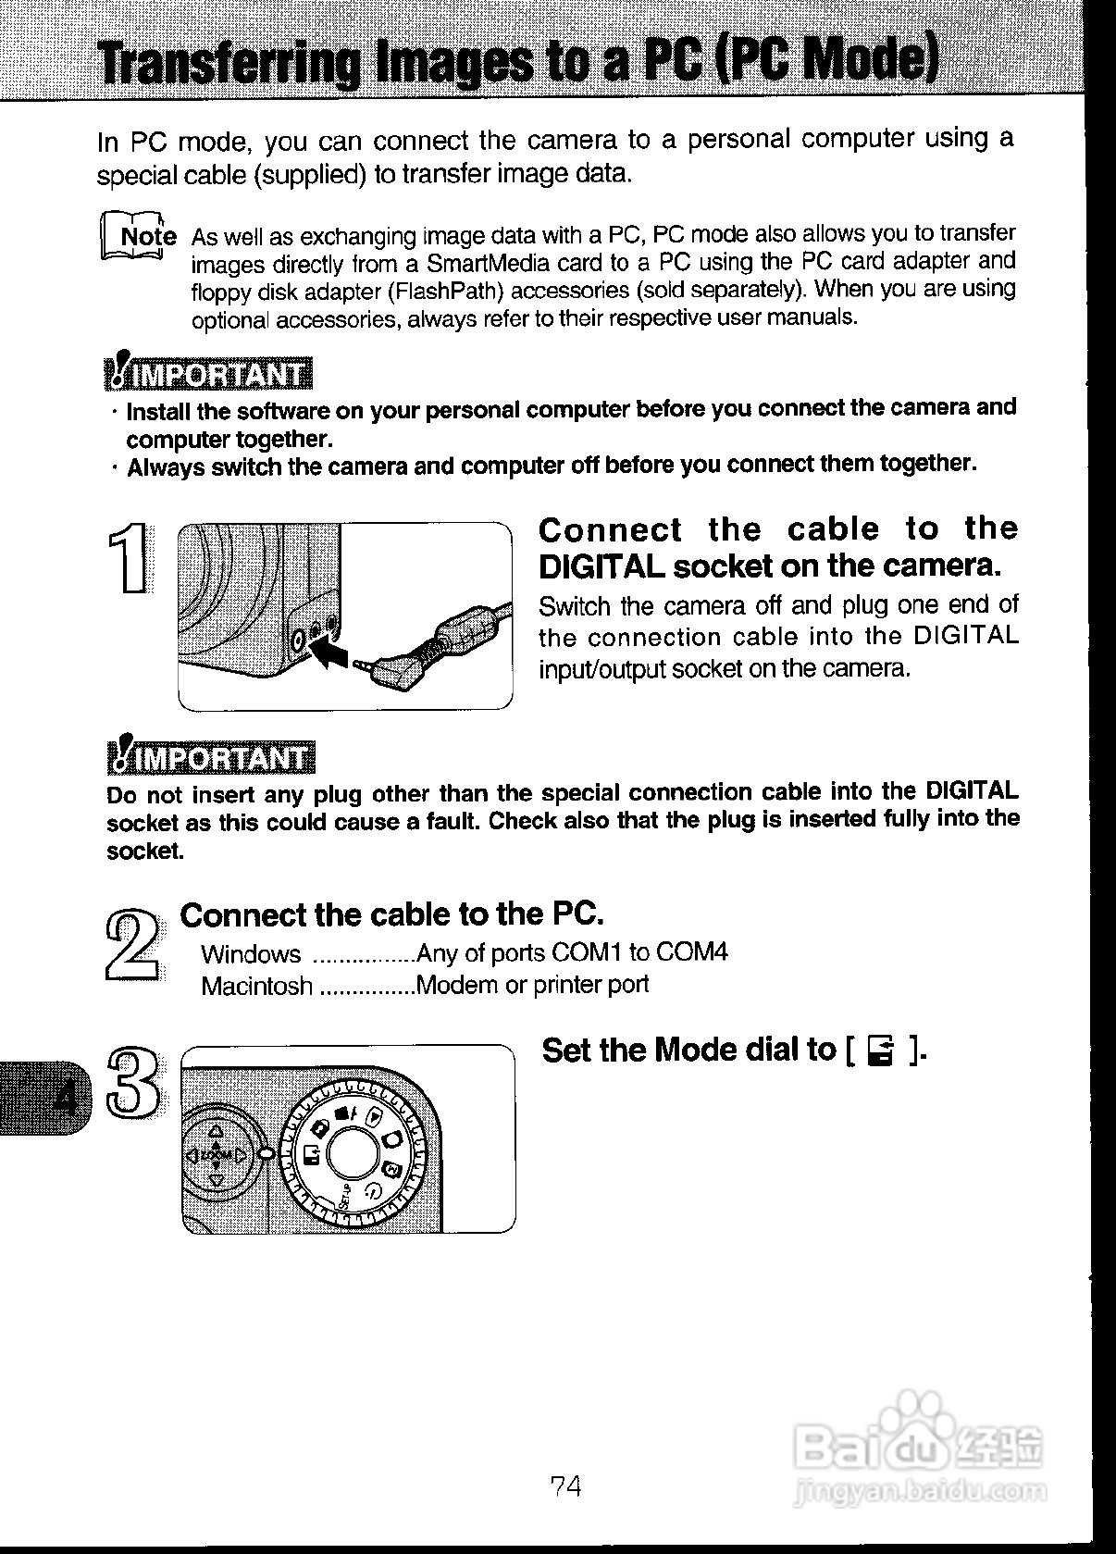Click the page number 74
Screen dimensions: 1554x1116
(x=565, y=1486)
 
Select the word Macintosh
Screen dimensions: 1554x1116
(x=256, y=987)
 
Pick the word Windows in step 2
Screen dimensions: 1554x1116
(x=251, y=954)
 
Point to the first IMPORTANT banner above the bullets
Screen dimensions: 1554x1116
(x=210, y=373)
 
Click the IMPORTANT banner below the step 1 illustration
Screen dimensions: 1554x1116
(x=212, y=758)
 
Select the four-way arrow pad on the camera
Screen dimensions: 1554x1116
(x=216, y=1154)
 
